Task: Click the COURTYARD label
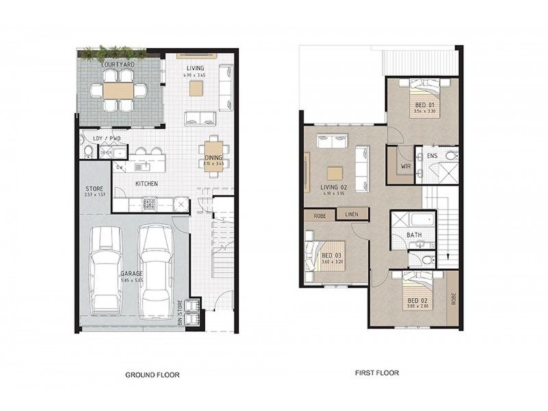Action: [117, 64]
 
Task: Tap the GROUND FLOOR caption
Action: [152, 375]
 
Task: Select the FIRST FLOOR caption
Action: [377, 373]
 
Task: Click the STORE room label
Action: [94, 188]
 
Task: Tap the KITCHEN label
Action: [147, 184]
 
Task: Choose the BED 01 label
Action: [425, 104]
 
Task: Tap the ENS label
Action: [432, 156]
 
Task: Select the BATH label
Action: [414, 235]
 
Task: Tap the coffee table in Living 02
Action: [333, 172]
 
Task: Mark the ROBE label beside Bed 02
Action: [453, 299]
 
